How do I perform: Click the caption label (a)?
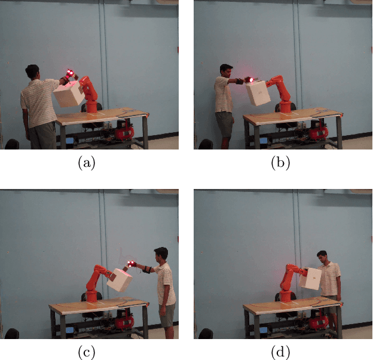(87, 163)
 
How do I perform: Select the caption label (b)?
(280, 163)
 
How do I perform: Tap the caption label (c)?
(87, 353)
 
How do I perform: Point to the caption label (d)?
(280, 353)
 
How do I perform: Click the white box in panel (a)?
(69, 94)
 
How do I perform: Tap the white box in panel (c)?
(120, 280)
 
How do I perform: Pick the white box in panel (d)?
(310, 279)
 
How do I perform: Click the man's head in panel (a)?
(32, 73)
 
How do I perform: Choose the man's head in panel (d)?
(323, 258)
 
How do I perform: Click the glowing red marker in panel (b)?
(251, 79)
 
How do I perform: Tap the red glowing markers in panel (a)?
(71, 74)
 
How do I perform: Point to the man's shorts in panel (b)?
(225, 123)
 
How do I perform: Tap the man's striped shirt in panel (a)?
(39, 105)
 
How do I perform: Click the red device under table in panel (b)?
(317, 131)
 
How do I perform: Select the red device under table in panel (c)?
(124, 321)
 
